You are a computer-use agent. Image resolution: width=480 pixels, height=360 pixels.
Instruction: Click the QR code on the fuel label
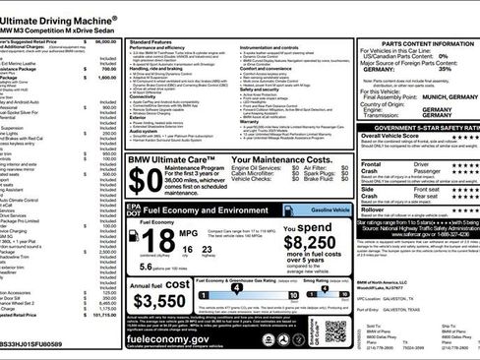pyautogui.click(x=335, y=332)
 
